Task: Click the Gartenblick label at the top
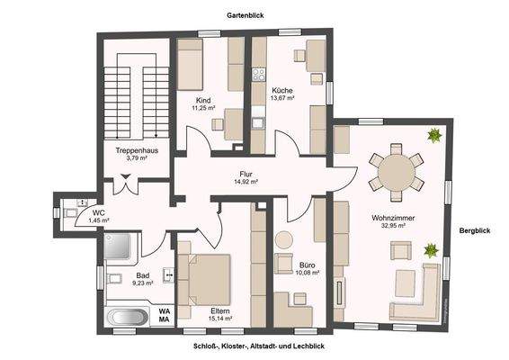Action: [244, 15]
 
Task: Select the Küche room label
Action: [281, 90]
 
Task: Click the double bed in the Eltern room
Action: [207, 277]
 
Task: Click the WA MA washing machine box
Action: [165, 314]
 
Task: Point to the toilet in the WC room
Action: [70, 213]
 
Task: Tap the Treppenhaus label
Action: [137, 150]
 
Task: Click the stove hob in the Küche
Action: [258, 75]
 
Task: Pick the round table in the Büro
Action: [285, 240]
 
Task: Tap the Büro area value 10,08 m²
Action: [308, 274]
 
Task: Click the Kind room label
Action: [204, 100]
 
